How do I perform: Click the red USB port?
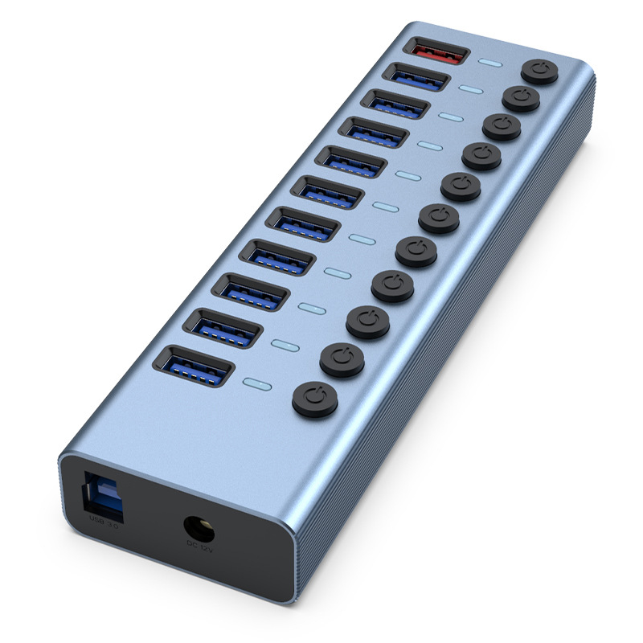coord(438,53)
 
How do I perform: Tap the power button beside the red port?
coord(541,70)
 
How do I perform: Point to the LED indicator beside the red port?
coord(490,62)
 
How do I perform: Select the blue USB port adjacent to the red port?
coord(416,79)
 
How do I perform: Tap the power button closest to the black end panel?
coord(315,399)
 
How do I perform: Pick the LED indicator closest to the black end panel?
coord(257,383)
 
